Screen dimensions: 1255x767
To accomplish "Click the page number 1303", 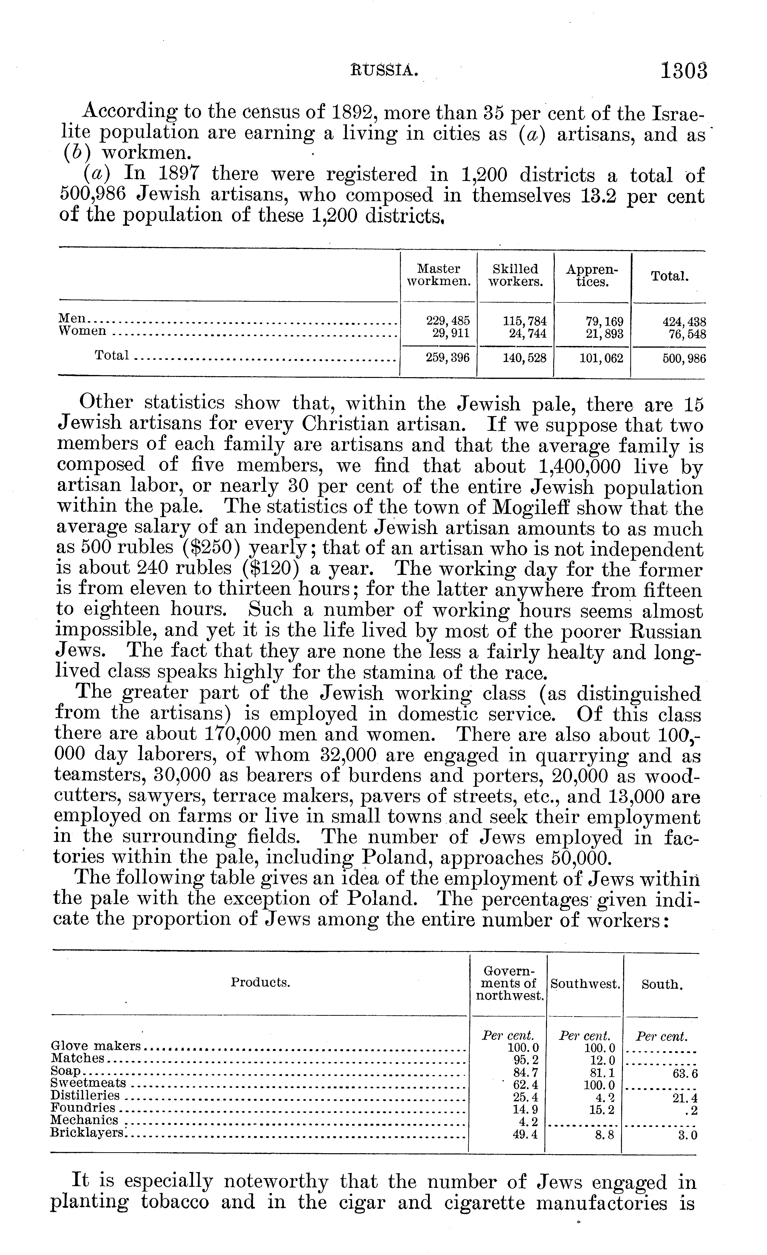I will tap(684, 71).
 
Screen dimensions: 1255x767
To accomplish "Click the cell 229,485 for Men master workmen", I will tap(448, 321).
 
